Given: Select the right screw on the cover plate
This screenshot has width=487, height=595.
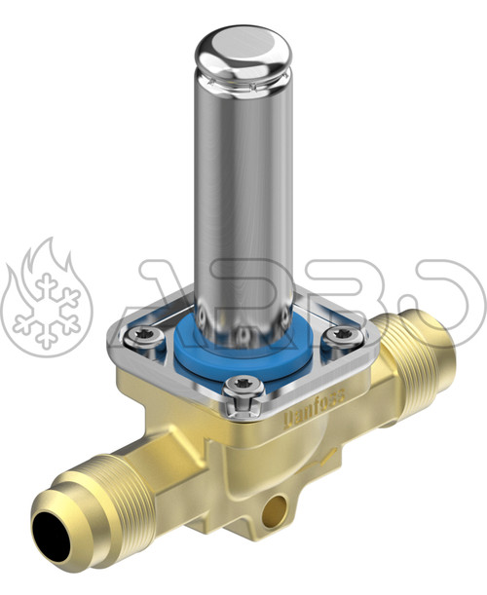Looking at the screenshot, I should (x=343, y=335).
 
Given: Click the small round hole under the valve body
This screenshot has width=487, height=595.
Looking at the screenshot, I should (x=279, y=506).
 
